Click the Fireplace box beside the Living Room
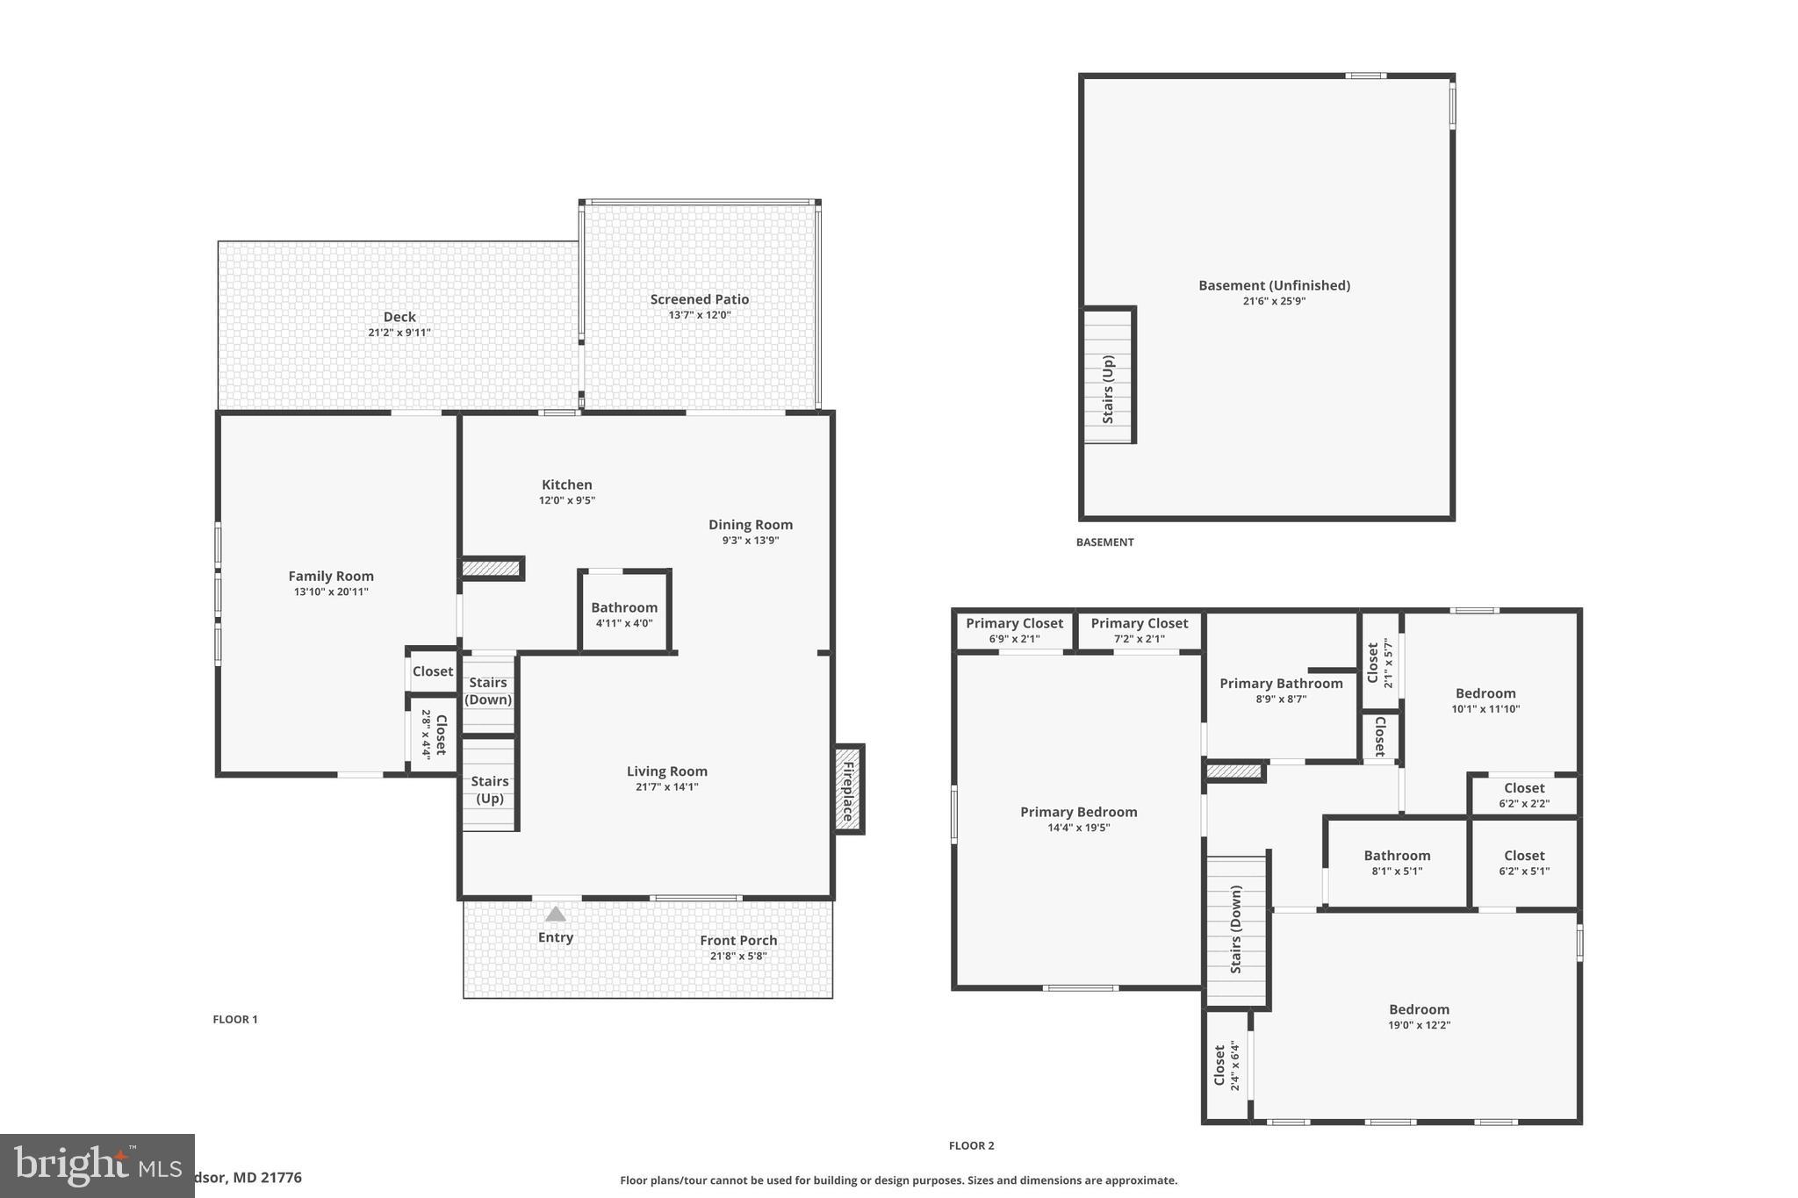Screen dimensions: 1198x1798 pyautogui.click(x=848, y=789)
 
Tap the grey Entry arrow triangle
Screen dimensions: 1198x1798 pyautogui.click(x=556, y=914)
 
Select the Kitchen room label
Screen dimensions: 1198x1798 pyautogui.click(x=566, y=484)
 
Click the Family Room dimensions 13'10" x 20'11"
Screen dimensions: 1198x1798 pyautogui.click(x=331, y=592)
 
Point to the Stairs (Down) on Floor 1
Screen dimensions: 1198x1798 pyautogui.click(x=488, y=692)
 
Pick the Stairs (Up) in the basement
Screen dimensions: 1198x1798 pyautogui.click(x=1108, y=389)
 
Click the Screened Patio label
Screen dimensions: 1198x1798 pyautogui.click(x=699, y=299)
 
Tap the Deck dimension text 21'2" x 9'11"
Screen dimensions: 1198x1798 pyautogui.click(x=399, y=333)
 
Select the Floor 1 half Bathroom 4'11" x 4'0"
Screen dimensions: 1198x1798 pyautogui.click(x=624, y=614)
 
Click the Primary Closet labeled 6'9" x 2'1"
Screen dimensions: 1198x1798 pyautogui.click(x=1014, y=630)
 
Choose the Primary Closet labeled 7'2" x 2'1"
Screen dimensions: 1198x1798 pyautogui.click(x=1139, y=630)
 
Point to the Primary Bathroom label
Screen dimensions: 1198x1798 pyautogui.click(x=1281, y=684)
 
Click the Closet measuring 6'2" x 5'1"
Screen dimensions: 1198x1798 pyautogui.click(x=1523, y=863)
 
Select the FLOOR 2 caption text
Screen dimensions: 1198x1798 pyautogui.click(x=971, y=1145)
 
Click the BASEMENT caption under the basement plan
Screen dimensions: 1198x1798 pyautogui.click(x=1104, y=542)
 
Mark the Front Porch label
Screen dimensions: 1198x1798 pyautogui.click(x=738, y=940)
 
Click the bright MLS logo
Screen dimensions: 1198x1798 pyautogui.click(x=97, y=1166)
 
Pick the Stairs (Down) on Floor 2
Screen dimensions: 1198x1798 pyautogui.click(x=1236, y=929)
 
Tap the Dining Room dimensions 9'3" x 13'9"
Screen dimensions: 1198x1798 pyautogui.click(x=751, y=541)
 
